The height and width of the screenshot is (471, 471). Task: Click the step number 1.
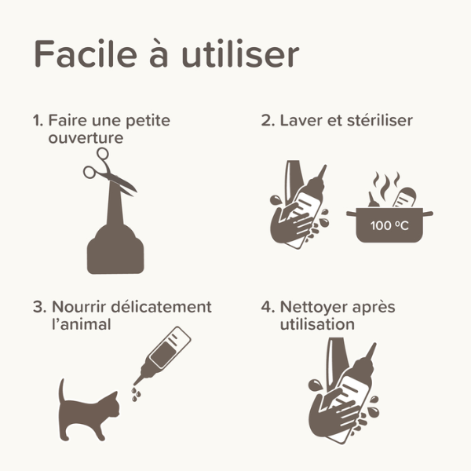pos(36,121)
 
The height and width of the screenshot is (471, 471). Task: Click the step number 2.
pos(267,121)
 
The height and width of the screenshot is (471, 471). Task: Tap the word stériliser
pos(382,121)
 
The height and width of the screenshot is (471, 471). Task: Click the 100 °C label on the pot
pos(390,226)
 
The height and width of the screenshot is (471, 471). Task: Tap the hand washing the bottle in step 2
pos(291,224)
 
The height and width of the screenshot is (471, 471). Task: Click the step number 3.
pos(38,307)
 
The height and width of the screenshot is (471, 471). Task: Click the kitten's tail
pos(63,392)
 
